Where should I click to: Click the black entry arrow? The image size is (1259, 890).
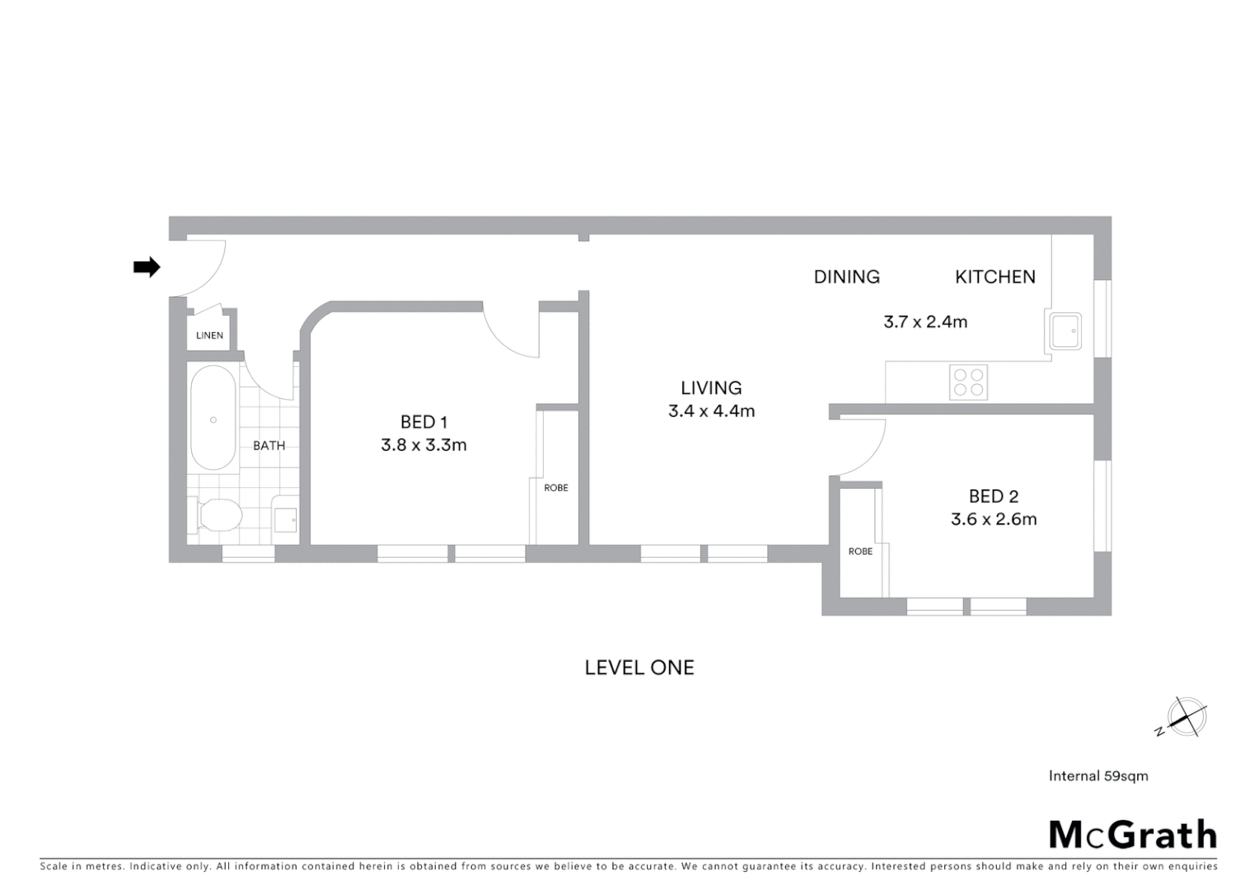pyautogui.click(x=147, y=267)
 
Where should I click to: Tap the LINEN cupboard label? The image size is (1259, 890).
pyautogui.click(x=209, y=335)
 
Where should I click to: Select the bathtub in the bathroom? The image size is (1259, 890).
pyautogui.click(x=213, y=418)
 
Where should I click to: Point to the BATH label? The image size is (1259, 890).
pyautogui.click(x=269, y=446)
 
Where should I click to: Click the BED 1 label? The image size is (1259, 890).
pyautogui.click(x=424, y=422)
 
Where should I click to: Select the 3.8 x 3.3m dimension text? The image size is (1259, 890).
pyautogui.click(x=424, y=446)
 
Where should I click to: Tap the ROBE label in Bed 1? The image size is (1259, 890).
pyautogui.click(x=556, y=488)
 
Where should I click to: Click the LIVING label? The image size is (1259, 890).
pyautogui.click(x=711, y=387)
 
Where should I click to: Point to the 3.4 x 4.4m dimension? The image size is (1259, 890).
pyautogui.click(x=711, y=411)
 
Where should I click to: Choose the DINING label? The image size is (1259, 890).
pyautogui.click(x=846, y=277)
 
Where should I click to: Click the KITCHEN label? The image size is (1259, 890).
pyautogui.click(x=995, y=277)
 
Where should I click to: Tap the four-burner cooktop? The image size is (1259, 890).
pyautogui.click(x=968, y=382)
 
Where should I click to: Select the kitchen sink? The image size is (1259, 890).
pyautogui.click(x=1065, y=331)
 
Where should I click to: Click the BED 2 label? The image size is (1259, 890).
pyautogui.click(x=994, y=496)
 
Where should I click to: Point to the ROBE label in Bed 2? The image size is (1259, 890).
pyautogui.click(x=860, y=551)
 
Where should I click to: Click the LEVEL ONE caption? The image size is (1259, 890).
pyautogui.click(x=639, y=667)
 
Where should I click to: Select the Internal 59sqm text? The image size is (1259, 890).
pyautogui.click(x=1098, y=775)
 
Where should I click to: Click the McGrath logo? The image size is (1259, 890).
pyautogui.click(x=1132, y=835)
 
